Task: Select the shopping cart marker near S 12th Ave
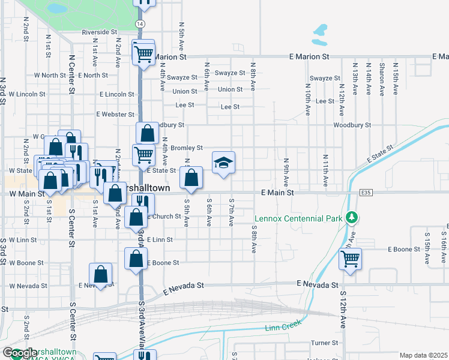click(350, 259)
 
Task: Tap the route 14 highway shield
click(139, 23)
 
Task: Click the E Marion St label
click(310, 56)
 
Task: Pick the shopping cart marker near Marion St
click(143, 54)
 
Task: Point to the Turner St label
click(325, 343)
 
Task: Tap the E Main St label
click(277, 193)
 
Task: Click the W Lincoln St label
click(23, 94)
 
